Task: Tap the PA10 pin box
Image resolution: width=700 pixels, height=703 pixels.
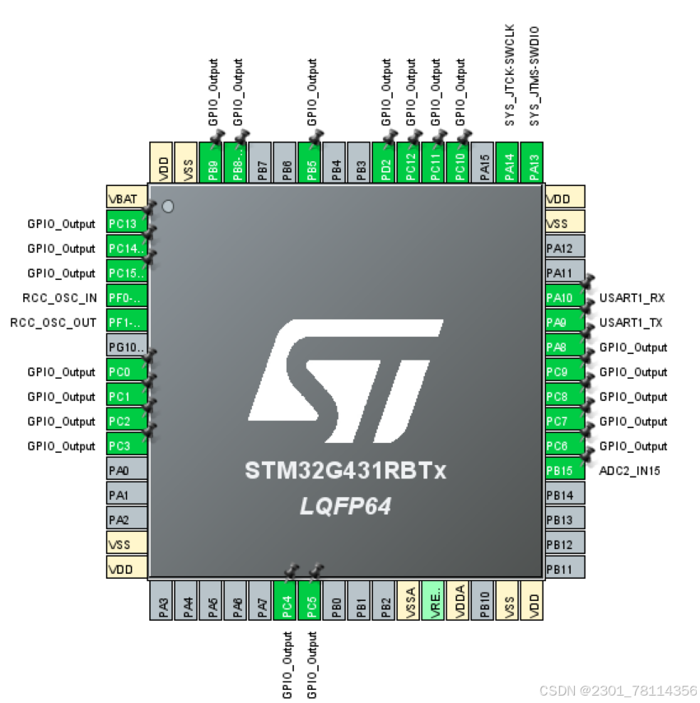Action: (x=564, y=298)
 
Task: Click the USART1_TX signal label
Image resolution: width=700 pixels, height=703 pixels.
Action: (x=632, y=323)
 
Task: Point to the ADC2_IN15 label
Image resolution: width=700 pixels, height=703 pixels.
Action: (x=630, y=471)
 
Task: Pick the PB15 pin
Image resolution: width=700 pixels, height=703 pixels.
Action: (x=564, y=471)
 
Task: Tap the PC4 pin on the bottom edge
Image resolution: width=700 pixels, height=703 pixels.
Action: (x=287, y=600)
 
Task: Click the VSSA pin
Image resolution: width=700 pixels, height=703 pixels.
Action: (x=410, y=600)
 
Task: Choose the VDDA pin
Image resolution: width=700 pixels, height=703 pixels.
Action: (x=460, y=600)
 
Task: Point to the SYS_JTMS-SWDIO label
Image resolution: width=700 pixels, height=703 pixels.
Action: (x=534, y=76)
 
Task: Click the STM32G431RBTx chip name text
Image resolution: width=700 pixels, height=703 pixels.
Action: (x=345, y=472)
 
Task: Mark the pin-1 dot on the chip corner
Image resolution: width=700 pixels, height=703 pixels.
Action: (x=168, y=206)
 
